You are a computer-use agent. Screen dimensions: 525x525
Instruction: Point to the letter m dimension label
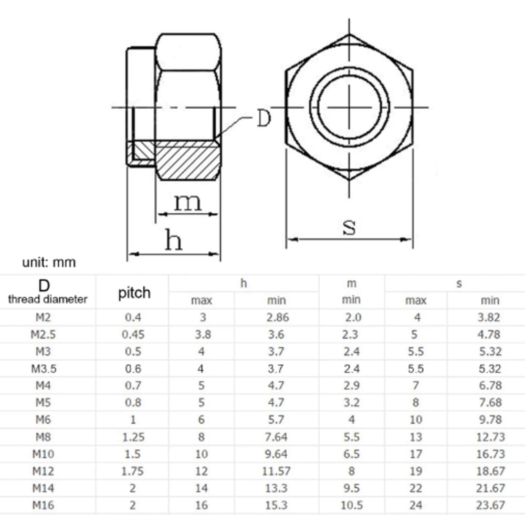[x=188, y=202]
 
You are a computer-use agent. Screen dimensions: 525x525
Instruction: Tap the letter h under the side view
[x=173, y=240]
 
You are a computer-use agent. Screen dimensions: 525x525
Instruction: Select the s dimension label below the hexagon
[x=349, y=227]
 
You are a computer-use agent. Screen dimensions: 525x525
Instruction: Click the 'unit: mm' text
[x=49, y=262]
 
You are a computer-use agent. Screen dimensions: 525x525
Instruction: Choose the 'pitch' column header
[x=134, y=293]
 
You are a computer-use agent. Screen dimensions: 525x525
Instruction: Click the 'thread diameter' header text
[x=48, y=299]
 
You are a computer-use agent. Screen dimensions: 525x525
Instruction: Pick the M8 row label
[x=43, y=437]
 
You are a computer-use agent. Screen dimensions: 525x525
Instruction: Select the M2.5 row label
[x=43, y=334]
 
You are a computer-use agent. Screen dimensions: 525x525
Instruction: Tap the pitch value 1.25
[x=133, y=437]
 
